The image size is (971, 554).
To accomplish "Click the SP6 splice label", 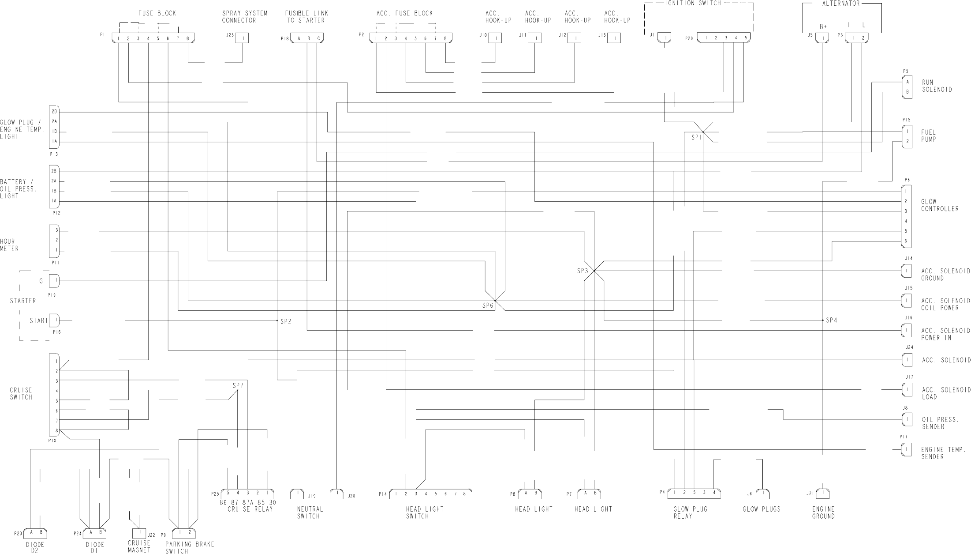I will [488, 305].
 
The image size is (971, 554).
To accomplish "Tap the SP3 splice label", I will [583, 271].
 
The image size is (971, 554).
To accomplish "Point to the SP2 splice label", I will [286, 321].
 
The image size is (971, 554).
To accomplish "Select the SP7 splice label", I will [238, 385].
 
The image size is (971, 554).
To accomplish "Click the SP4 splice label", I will [831, 320].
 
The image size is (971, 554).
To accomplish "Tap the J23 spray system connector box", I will [242, 38].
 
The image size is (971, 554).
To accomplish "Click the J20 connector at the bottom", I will [337, 494].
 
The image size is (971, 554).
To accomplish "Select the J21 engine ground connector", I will [823, 494].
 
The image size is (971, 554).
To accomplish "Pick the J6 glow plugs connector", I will [762, 494].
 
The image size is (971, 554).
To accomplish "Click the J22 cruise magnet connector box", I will [139, 533].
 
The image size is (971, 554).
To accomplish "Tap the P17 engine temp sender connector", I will [906, 450].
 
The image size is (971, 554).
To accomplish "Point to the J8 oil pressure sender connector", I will [907, 420].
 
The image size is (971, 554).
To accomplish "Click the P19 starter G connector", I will [55, 281].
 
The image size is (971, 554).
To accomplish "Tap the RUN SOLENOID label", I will [937, 86].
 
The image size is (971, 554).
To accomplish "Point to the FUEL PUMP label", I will [928, 136].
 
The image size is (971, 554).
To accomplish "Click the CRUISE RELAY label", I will [250, 509].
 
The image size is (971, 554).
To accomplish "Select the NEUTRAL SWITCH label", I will [310, 513].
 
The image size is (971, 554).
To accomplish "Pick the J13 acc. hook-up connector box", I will [613, 38].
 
